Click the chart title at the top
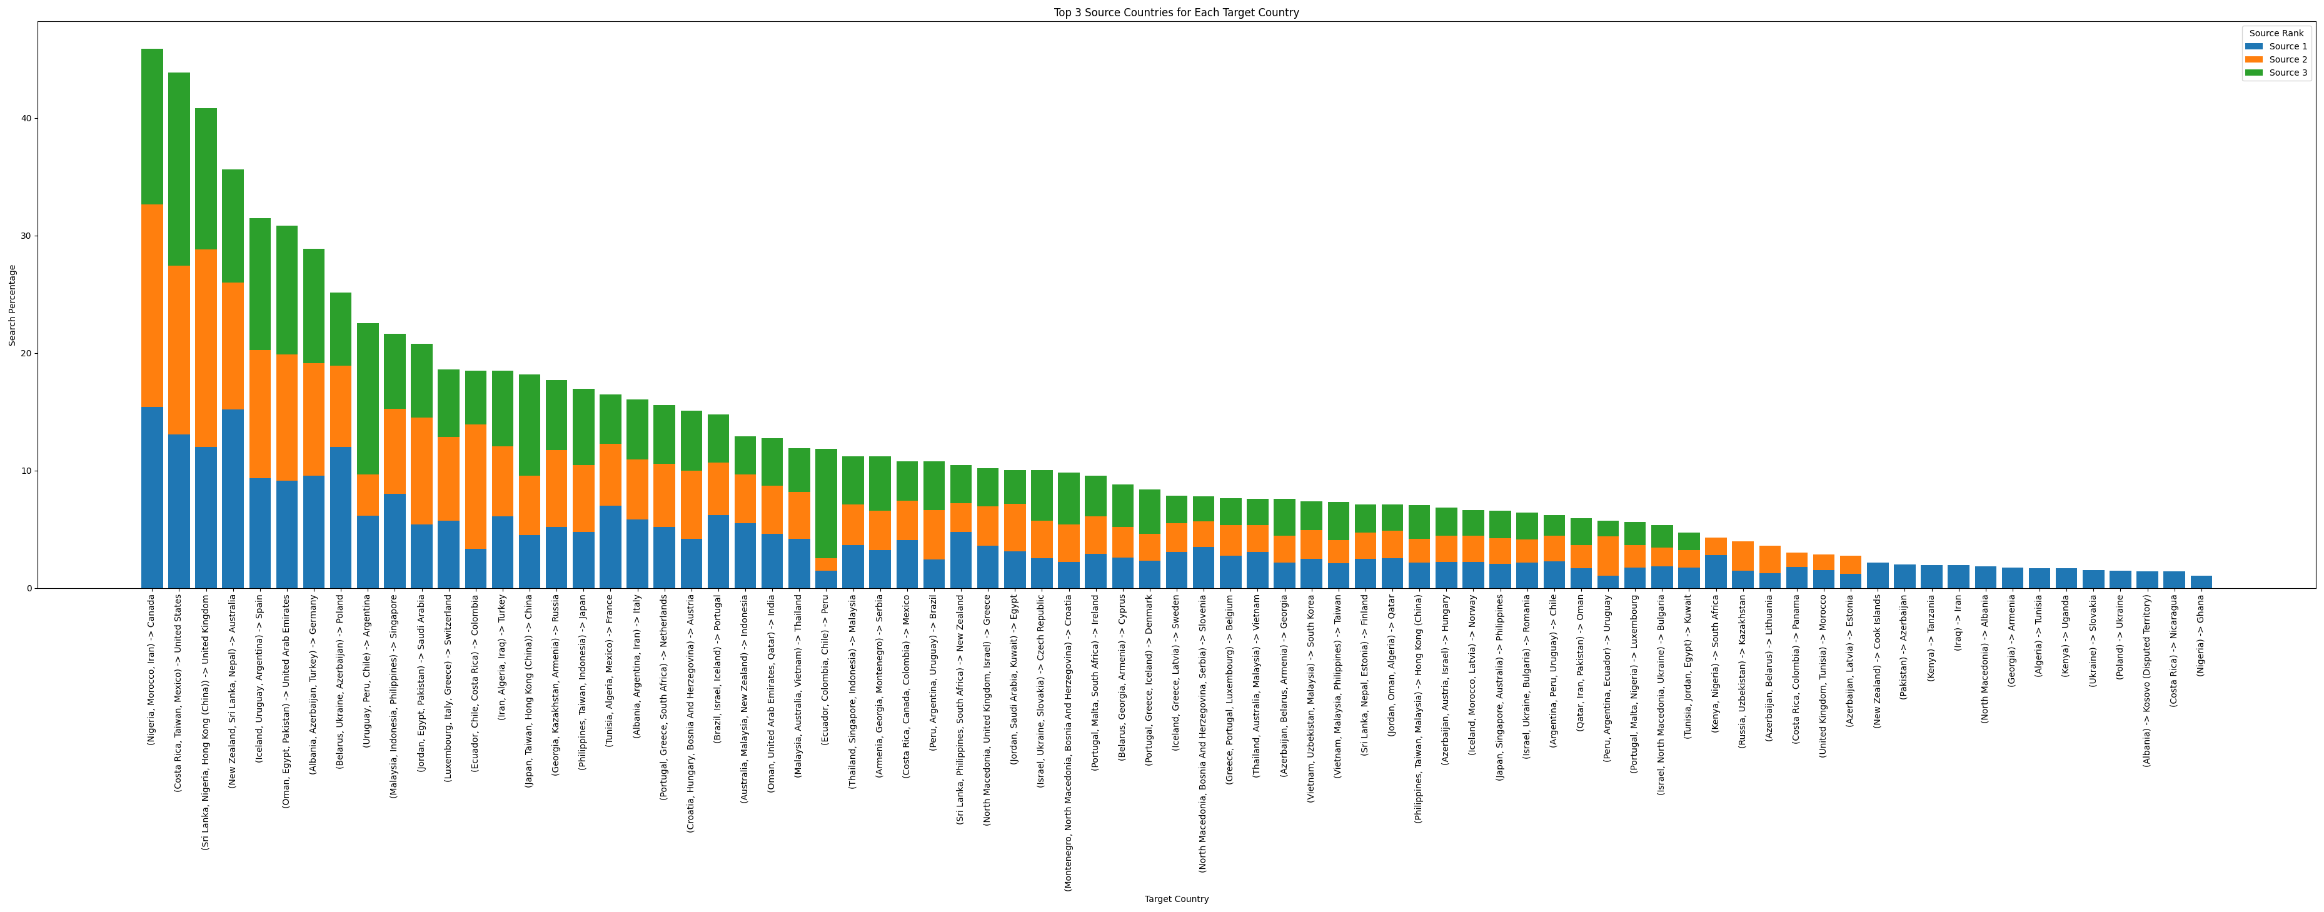(x=1175, y=13)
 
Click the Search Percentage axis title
(x=13, y=305)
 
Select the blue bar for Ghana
(x=2201, y=582)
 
